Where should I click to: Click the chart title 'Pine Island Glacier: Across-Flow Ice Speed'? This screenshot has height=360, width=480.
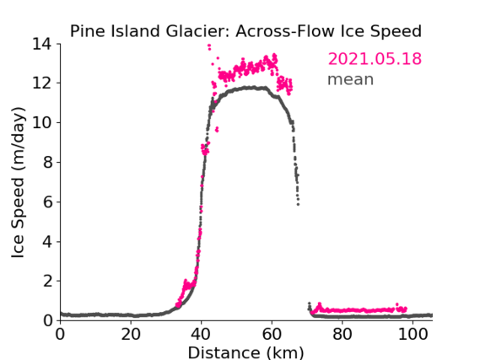[x=245, y=31]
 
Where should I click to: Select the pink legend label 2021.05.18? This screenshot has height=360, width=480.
[x=375, y=58]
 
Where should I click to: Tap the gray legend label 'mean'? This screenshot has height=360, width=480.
[x=351, y=79]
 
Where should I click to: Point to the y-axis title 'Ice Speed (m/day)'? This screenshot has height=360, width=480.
[x=18, y=182]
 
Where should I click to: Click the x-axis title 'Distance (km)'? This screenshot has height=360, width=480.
[x=245, y=352]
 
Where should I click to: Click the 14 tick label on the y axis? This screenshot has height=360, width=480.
[x=42, y=44]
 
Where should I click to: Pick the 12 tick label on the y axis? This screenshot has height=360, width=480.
[x=42, y=83]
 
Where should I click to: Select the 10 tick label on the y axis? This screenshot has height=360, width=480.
[x=42, y=122]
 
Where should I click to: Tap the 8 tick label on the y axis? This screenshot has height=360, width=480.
[x=47, y=162]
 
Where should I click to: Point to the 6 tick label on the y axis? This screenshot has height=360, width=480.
[x=47, y=201]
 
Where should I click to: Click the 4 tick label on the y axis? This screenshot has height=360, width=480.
[x=47, y=242]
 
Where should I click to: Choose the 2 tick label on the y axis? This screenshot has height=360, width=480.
[x=47, y=281]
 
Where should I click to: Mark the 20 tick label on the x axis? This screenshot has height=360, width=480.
[x=131, y=334]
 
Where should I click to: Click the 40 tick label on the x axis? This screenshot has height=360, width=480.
[x=201, y=334]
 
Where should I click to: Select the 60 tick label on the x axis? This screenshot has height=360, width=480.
[x=272, y=334]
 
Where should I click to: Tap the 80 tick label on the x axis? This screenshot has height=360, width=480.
[x=342, y=334]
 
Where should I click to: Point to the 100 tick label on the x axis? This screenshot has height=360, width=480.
[x=413, y=334]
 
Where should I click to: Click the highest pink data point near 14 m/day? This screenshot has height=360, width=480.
[x=209, y=46]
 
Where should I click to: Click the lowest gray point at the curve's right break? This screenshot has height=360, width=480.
[x=298, y=204]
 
